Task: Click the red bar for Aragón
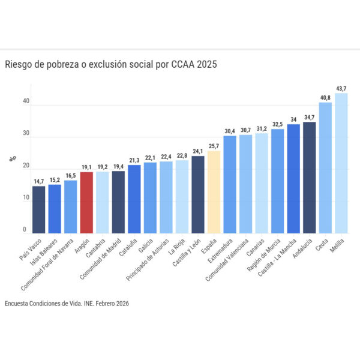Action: point(86,203)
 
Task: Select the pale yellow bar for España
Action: point(214,192)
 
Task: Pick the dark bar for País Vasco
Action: point(38,209)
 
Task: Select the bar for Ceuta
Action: point(325,168)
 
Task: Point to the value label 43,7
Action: point(341,89)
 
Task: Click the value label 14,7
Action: point(38,181)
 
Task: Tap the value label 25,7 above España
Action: point(214,146)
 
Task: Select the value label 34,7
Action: point(309,117)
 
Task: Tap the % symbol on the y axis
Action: point(11,159)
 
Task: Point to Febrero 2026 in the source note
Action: point(109,304)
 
